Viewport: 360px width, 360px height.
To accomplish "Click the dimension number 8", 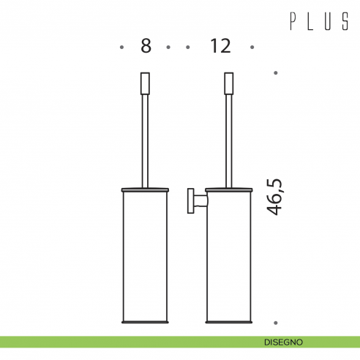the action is click(x=146, y=46).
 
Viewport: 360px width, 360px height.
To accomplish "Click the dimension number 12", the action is click(x=220, y=46).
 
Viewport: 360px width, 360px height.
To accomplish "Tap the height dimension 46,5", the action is click(x=274, y=197).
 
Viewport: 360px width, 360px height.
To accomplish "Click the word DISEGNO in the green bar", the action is click(x=283, y=342).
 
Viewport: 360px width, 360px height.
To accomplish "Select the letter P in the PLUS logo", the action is click(x=293, y=21).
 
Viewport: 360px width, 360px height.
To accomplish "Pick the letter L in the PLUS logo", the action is click(x=310, y=21).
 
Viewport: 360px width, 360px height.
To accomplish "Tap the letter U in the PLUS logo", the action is click(x=328, y=21).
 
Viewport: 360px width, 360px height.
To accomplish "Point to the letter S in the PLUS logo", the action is click(x=345, y=21).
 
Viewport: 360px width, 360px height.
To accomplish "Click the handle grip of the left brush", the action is click(x=145, y=83).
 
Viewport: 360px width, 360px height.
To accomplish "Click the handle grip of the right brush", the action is click(x=229, y=83).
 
